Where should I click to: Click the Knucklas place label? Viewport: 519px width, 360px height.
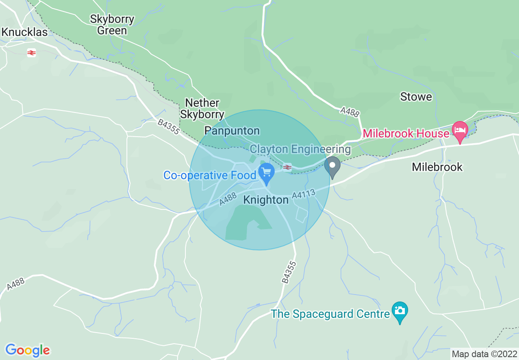pyautogui.click(x=25, y=32)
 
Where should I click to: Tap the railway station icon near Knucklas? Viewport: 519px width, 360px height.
pyautogui.click(x=32, y=52)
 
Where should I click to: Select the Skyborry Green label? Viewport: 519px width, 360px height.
pyautogui.click(x=112, y=25)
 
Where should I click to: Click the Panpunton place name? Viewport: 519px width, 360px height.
pyautogui.click(x=232, y=131)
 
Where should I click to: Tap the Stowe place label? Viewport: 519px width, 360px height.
pyautogui.click(x=416, y=97)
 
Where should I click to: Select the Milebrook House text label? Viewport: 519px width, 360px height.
pyautogui.click(x=406, y=134)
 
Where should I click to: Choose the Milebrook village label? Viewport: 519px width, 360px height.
pyautogui.click(x=437, y=167)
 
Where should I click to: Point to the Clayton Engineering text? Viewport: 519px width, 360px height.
pyautogui.click(x=300, y=149)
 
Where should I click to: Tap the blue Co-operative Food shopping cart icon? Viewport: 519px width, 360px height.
pyautogui.click(x=267, y=173)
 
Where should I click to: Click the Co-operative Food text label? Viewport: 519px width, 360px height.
pyautogui.click(x=210, y=175)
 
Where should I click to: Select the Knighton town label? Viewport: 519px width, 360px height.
pyautogui.click(x=266, y=200)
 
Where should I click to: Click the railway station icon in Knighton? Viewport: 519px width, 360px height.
pyautogui.click(x=287, y=167)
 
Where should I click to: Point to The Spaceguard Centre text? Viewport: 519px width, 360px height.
pyautogui.click(x=330, y=314)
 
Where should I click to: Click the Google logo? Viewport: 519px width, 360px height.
pyautogui.click(x=27, y=350)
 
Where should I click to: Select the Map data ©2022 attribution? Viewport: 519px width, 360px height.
pyautogui.click(x=484, y=354)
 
